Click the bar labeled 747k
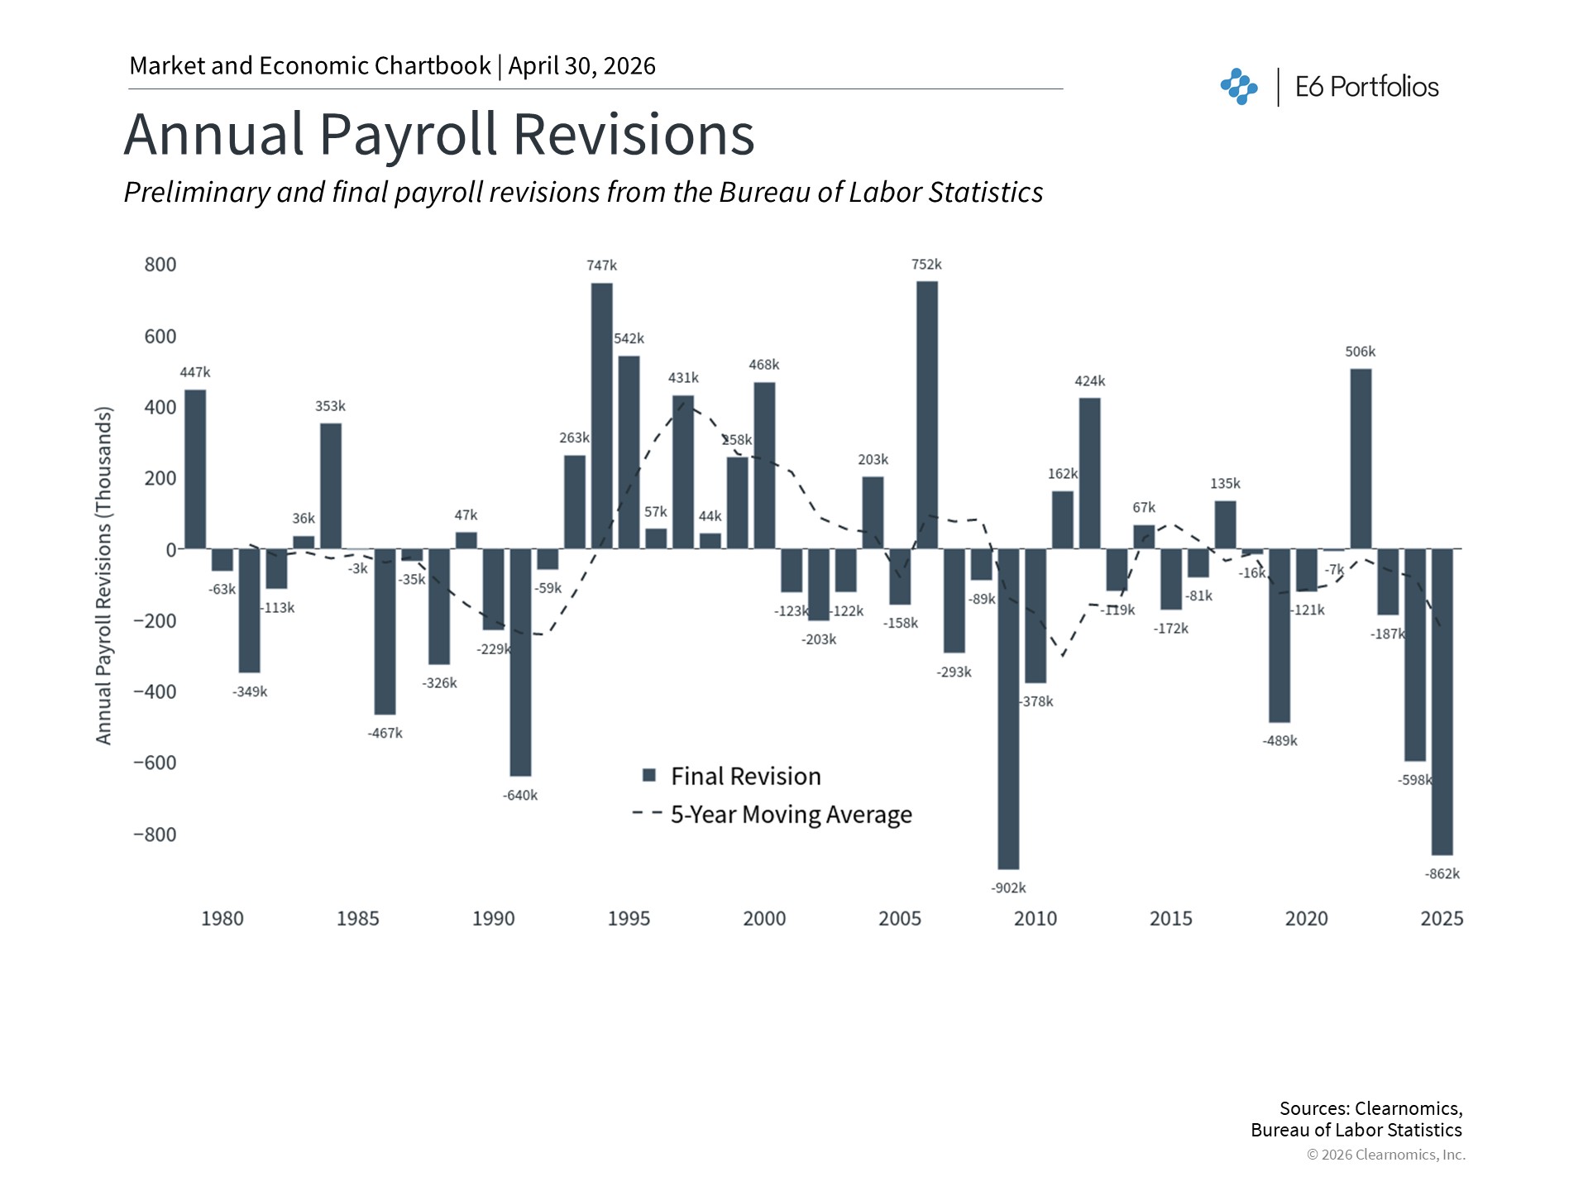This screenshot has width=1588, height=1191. point(601,415)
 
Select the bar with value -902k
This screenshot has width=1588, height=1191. point(1008,708)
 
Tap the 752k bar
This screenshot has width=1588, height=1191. point(926,414)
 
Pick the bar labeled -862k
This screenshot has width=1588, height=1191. point(1442,701)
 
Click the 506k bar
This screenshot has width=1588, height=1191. point(1361,458)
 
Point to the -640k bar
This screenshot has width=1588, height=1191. point(520,662)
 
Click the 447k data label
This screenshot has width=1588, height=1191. point(195,372)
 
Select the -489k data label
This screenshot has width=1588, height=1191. point(1279,741)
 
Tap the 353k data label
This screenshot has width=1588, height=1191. point(330,406)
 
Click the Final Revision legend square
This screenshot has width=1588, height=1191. point(649,776)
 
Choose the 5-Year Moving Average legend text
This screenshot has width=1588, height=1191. point(791,815)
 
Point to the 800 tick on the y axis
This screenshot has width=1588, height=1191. point(160,265)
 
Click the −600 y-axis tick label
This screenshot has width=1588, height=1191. point(155,763)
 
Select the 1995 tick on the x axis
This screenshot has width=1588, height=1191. point(629,919)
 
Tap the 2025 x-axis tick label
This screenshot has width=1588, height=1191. point(1442,919)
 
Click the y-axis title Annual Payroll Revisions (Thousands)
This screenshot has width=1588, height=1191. point(103,575)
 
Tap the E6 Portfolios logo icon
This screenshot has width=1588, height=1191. point(1238,87)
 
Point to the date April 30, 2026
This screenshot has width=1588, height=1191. point(581,66)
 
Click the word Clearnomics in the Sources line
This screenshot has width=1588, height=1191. point(1407,1108)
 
